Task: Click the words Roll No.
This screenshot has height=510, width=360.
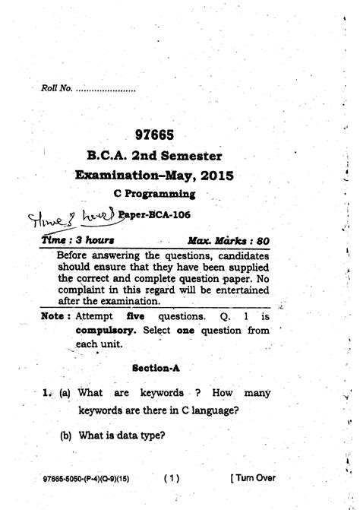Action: (57, 90)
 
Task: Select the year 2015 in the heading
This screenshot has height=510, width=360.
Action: (216, 176)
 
